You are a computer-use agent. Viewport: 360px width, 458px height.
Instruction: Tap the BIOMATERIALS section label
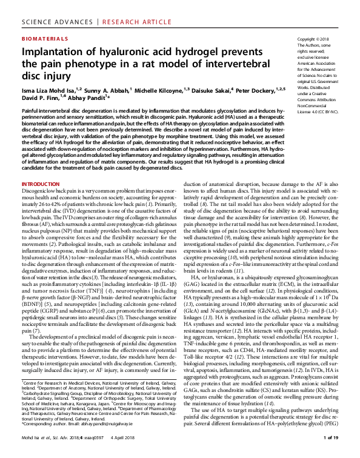point(44,38)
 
